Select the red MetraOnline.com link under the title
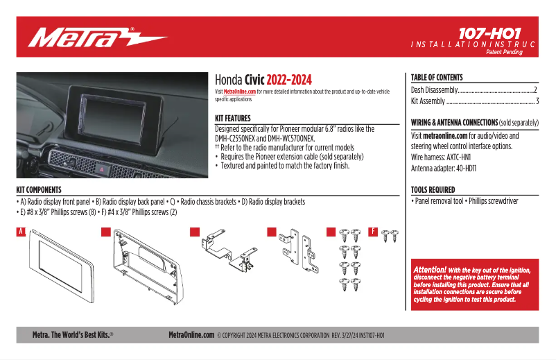click(x=240, y=92)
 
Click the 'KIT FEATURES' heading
click(x=233, y=119)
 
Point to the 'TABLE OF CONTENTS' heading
click(x=437, y=78)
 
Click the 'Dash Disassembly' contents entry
click(x=435, y=90)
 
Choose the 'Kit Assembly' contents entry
click(x=428, y=101)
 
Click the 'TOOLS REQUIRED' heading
click(x=433, y=189)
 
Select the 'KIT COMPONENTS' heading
click(x=39, y=189)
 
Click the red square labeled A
click(x=21, y=232)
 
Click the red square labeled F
click(x=373, y=232)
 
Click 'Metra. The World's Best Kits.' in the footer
click(x=73, y=335)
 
